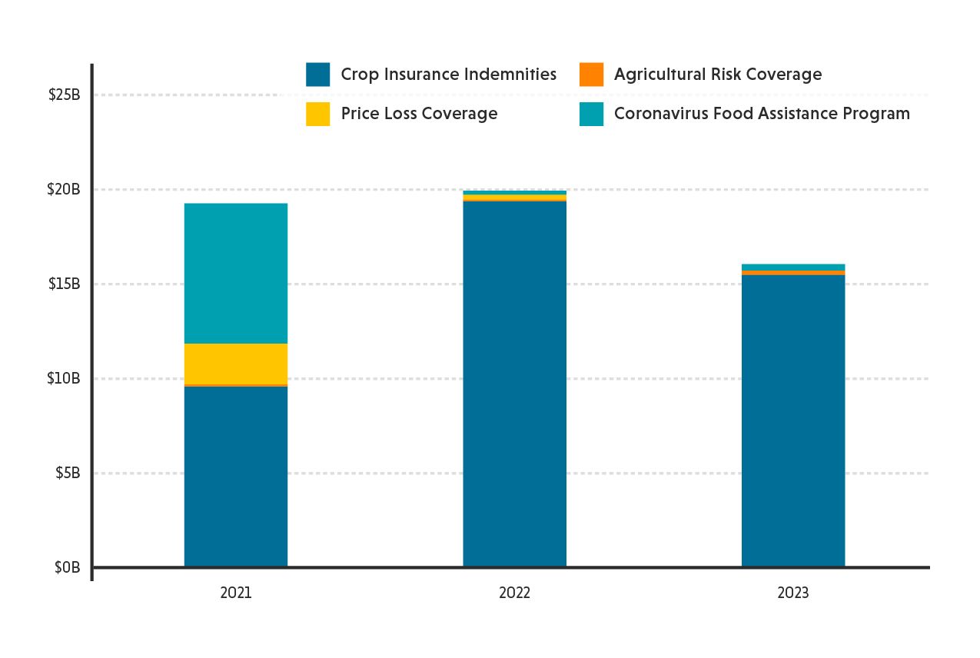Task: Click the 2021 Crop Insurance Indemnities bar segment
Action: coord(236,477)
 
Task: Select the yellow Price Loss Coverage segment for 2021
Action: coord(236,364)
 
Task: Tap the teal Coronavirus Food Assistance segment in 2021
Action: coord(236,273)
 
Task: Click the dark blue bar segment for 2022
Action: coord(514,384)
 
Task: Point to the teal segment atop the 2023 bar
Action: coord(792,267)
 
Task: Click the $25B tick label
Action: coord(65,95)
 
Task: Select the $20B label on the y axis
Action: coord(65,190)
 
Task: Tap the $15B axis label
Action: coord(65,284)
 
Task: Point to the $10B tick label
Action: coord(65,379)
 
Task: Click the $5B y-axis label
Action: coord(68,474)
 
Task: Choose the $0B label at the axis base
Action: coord(68,568)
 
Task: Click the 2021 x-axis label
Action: coord(236,593)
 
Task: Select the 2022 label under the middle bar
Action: coord(514,593)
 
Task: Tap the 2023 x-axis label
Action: coord(792,593)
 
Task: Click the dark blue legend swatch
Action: coord(317,75)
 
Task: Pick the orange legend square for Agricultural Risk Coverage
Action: coord(591,75)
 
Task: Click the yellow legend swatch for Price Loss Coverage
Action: coord(317,114)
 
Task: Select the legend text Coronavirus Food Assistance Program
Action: coord(762,114)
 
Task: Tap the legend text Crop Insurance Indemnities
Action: coord(448,75)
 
